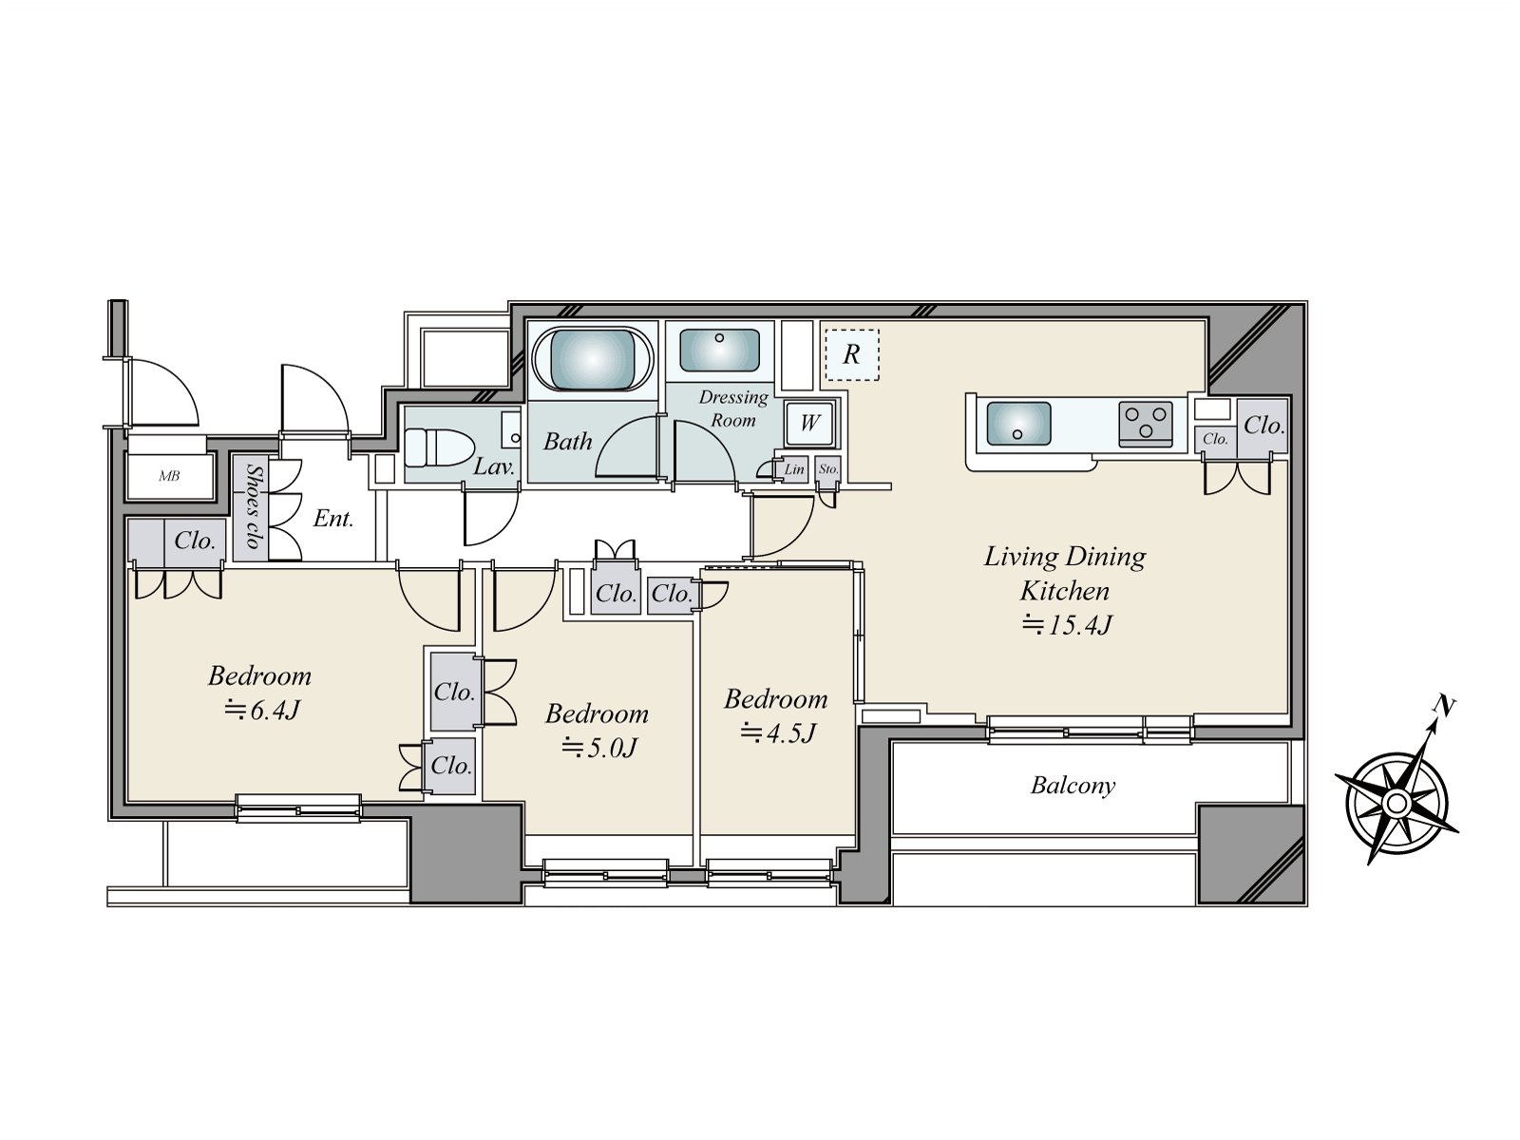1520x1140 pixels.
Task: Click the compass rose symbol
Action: pos(1396,803)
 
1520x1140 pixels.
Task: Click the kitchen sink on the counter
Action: pos(1018,423)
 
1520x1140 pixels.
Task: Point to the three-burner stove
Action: pos(1147,423)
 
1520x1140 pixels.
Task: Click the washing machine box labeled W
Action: pos(809,423)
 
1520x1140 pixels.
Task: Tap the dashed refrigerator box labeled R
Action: pos(851,354)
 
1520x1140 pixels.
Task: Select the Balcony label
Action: pos(1073,786)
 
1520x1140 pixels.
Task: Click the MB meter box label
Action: pos(169,476)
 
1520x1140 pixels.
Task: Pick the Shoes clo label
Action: pos(253,506)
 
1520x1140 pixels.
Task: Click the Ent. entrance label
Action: pos(333,519)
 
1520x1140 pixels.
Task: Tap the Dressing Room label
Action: pos(733,408)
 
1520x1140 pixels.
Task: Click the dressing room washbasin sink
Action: pos(719,350)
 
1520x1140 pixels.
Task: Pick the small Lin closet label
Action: pos(793,469)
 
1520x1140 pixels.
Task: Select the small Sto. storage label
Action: pos(827,469)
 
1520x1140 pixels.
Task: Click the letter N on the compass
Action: pos(1445,706)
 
